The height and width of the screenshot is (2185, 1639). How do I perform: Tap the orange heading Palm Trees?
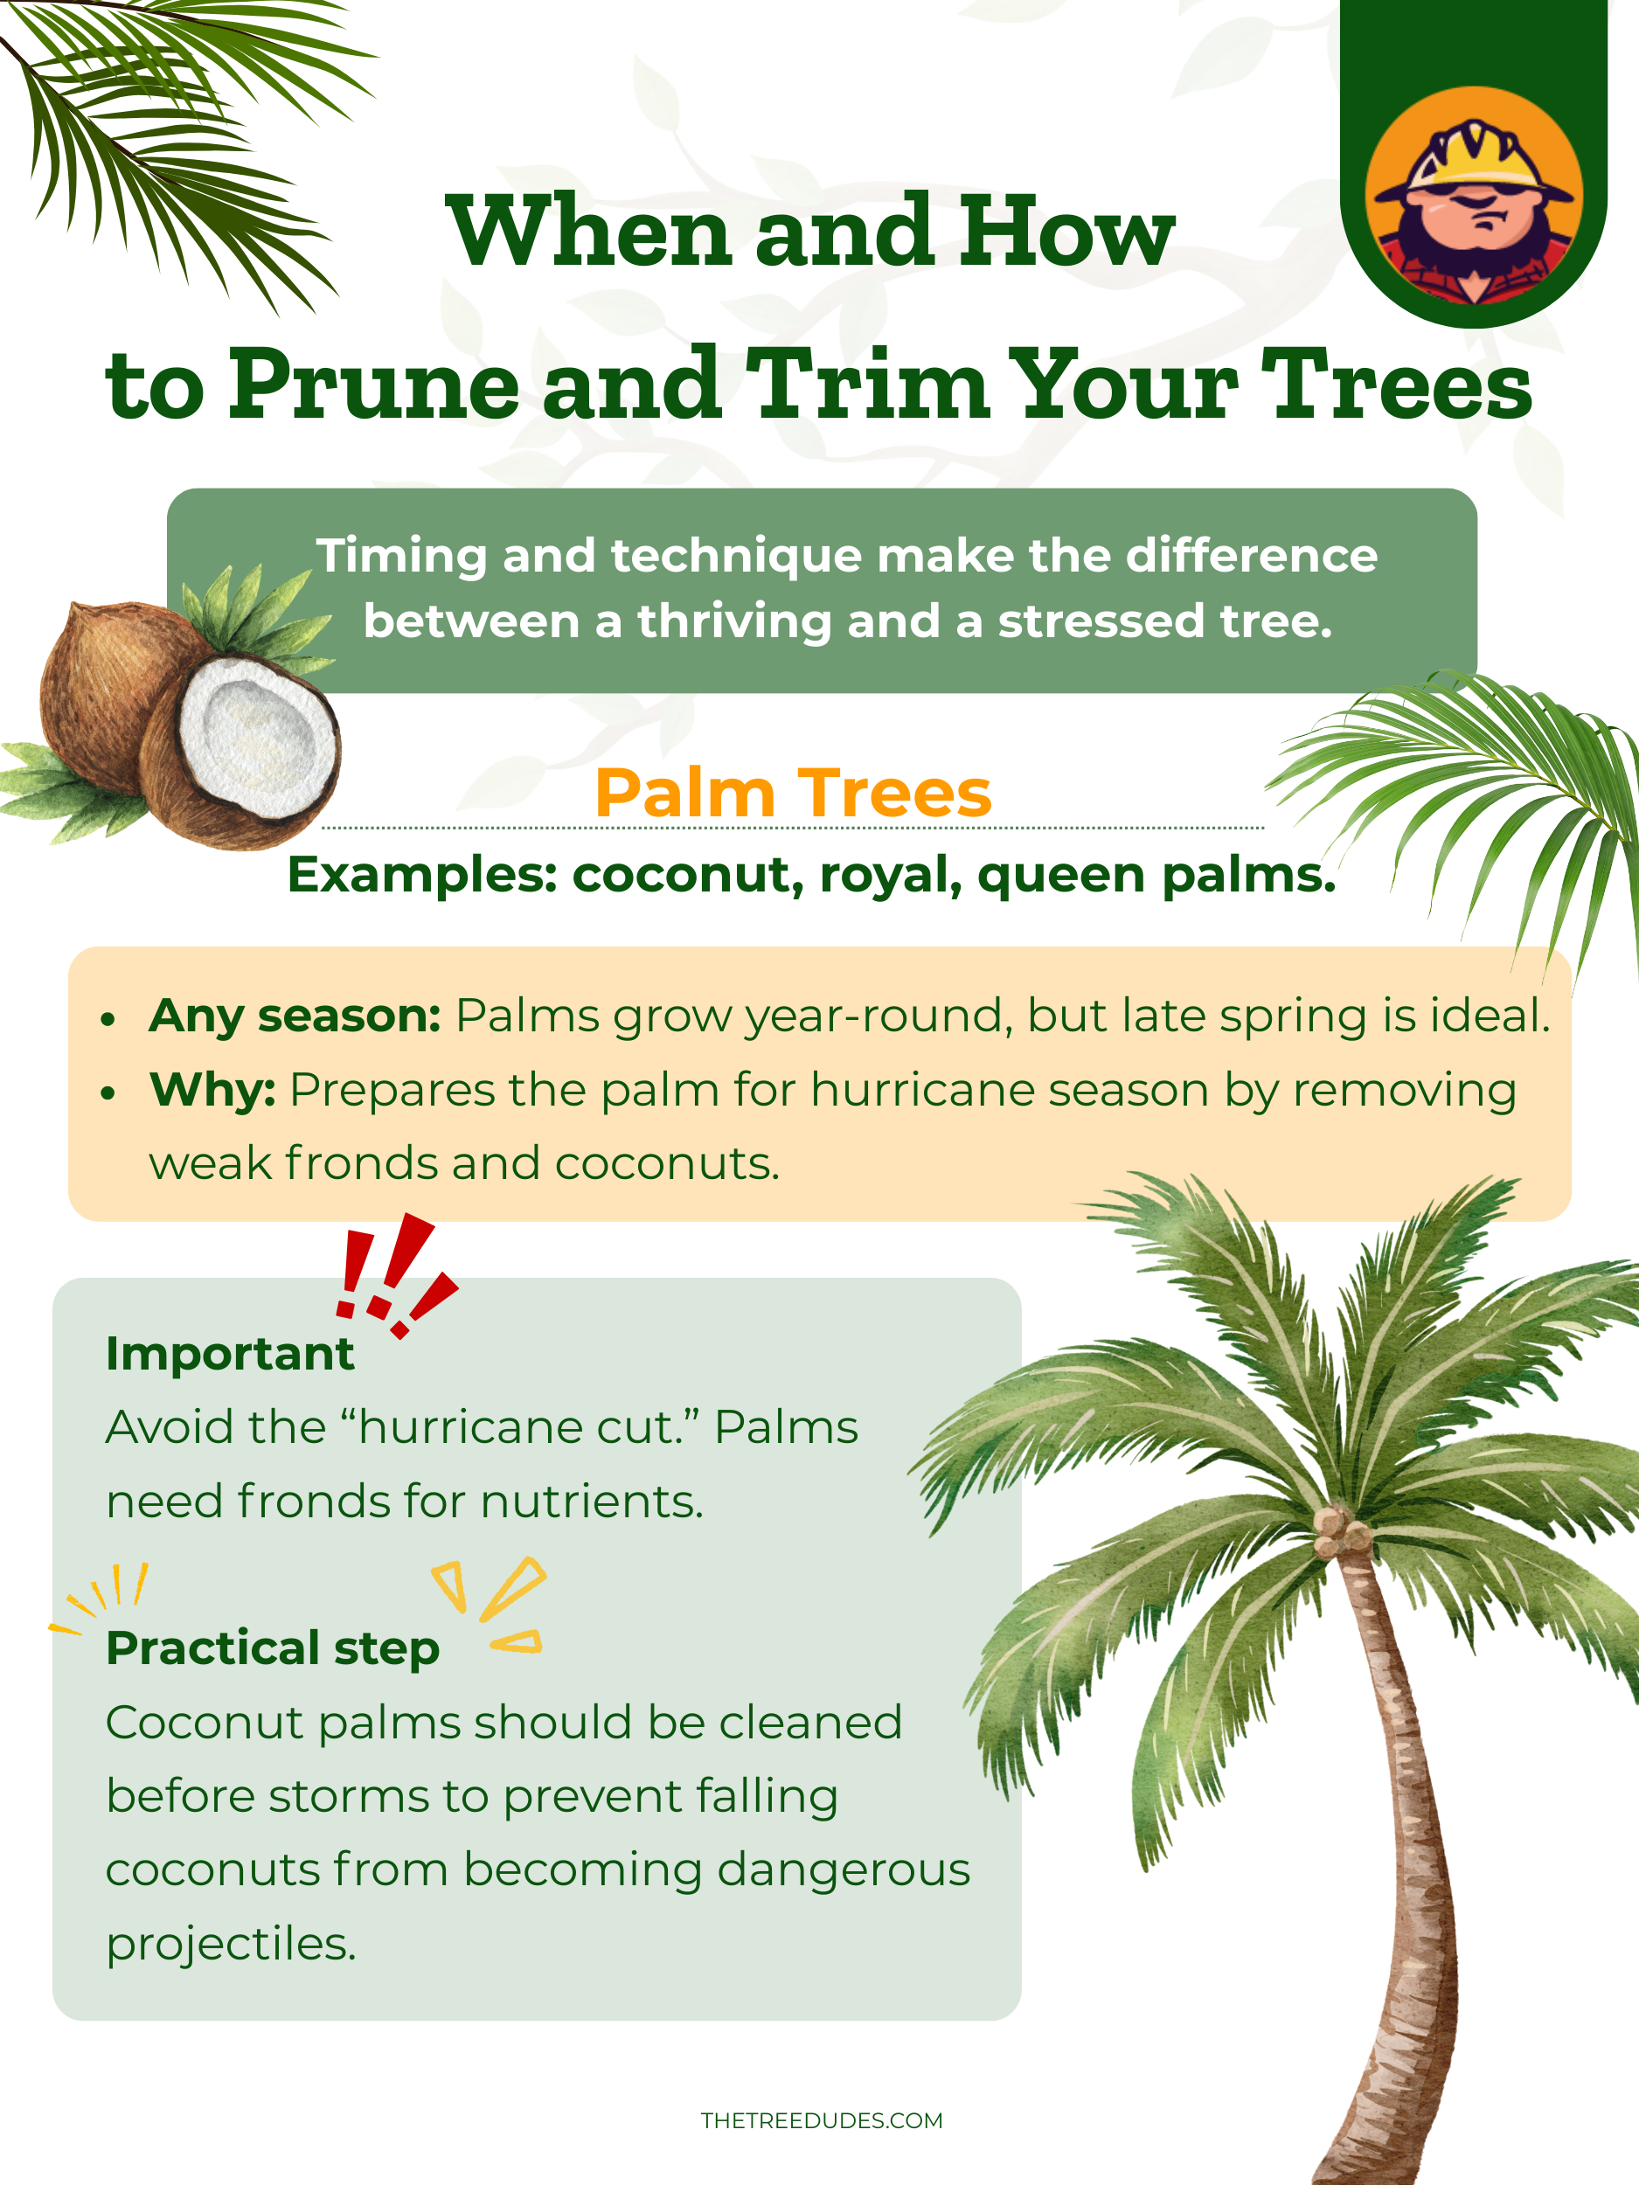tap(792, 794)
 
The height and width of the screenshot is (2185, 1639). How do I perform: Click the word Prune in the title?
tap(374, 385)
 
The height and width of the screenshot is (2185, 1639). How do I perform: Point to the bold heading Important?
tap(229, 1353)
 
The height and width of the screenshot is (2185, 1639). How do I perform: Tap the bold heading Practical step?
tap(273, 1648)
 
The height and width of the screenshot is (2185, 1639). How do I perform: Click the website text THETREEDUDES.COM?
tap(821, 2121)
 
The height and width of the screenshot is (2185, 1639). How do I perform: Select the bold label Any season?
tap(295, 1016)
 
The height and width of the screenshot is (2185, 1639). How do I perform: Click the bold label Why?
tap(212, 1091)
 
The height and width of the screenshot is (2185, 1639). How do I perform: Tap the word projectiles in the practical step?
tap(230, 1944)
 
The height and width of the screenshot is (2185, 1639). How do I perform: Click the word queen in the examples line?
tap(1060, 876)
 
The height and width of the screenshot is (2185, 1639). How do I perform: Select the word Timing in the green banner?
tap(401, 557)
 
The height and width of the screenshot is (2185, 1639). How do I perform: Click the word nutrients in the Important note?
tap(591, 1502)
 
